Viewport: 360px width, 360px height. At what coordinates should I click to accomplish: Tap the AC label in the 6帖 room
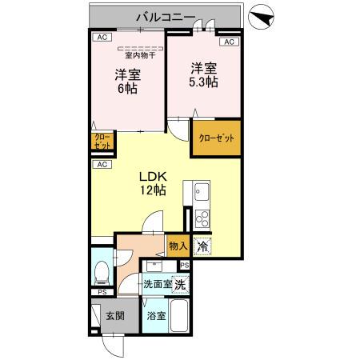pyautogui.click(x=102, y=38)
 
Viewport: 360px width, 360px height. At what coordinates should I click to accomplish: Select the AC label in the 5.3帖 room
pyautogui.click(x=228, y=42)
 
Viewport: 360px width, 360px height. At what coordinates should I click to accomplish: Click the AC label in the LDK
pyautogui.click(x=102, y=164)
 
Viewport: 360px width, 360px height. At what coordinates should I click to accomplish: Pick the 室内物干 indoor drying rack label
pyautogui.click(x=139, y=55)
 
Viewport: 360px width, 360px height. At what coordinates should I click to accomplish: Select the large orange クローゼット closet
pyautogui.click(x=215, y=138)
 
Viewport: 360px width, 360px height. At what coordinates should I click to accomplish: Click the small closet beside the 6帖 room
pyautogui.click(x=102, y=142)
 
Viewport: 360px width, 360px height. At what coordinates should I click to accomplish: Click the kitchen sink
pyautogui.click(x=200, y=193)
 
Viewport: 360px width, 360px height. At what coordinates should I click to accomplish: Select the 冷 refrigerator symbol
pyautogui.click(x=203, y=247)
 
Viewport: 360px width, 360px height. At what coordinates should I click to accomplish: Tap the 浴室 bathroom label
pyautogui.click(x=156, y=316)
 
